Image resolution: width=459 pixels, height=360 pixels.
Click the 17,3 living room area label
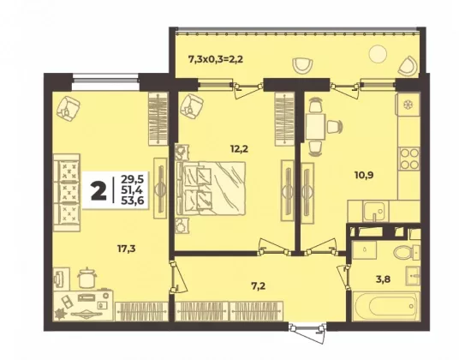click(x=126, y=249)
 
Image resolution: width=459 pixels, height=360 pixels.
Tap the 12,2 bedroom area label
click(x=239, y=149)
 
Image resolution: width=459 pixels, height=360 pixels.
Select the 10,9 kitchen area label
click(x=364, y=175)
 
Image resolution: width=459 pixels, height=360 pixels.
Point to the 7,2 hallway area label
click(x=258, y=286)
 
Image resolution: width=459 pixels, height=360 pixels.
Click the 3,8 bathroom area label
click(x=383, y=279)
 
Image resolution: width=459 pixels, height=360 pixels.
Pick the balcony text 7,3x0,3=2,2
click(x=216, y=60)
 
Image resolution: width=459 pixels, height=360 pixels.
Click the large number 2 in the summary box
click(x=98, y=190)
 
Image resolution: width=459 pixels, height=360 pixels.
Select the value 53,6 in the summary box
click(x=132, y=200)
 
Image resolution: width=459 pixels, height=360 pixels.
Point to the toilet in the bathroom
click(x=407, y=252)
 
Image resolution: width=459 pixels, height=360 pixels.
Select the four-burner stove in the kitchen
click(x=409, y=159)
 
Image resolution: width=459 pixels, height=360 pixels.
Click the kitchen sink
click(x=374, y=212)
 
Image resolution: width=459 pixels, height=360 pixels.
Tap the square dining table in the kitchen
click(x=315, y=127)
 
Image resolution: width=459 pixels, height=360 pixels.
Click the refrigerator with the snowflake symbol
click(x=408, y=105)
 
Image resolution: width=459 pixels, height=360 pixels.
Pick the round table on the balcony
click(x=378, y=54)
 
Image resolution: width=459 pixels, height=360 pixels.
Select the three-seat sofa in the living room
click(x=67, y=192)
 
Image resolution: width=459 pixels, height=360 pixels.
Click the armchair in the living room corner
click(x=69, y=108)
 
